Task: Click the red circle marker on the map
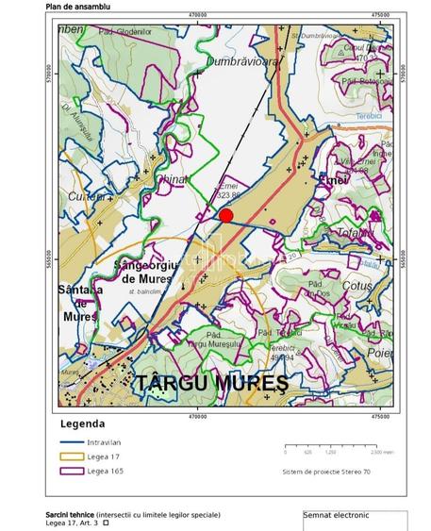[x=226, y=215]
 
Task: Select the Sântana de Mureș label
[x=77, y=303]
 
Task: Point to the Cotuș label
[x=358, y=285]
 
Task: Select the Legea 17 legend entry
[x=103, y=456]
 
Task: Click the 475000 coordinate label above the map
[x=380, y=15]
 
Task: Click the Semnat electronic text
[x=336, y=516]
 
